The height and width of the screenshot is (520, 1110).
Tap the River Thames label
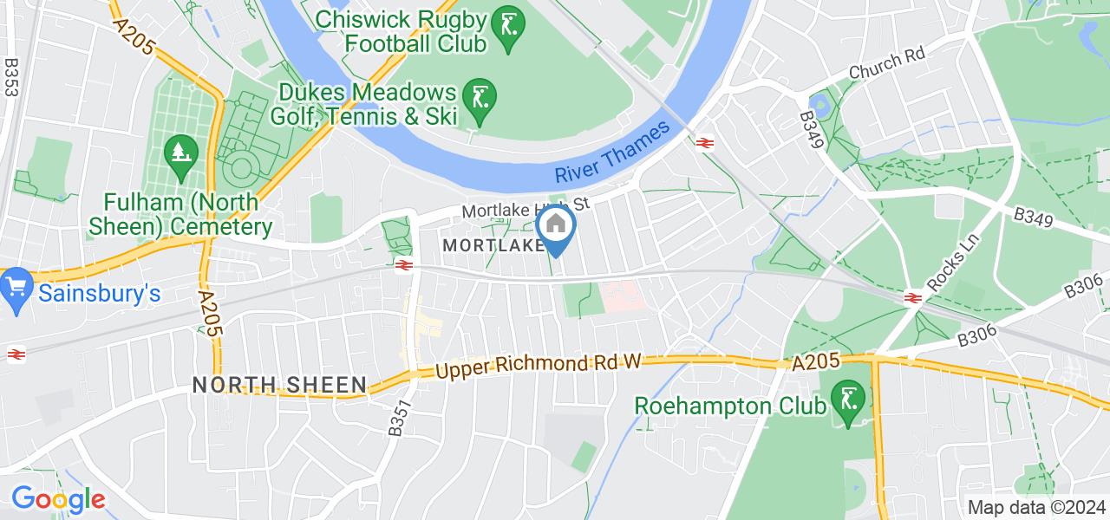[613, 153]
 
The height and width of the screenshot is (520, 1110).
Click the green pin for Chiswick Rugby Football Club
[503, 29]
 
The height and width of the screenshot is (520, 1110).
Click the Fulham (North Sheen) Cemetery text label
[181, 215]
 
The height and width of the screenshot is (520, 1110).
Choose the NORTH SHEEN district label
[278, 385]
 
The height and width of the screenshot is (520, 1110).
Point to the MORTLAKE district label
[493, 246]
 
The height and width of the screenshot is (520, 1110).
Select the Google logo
[58, 499]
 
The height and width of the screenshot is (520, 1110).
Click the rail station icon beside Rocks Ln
[911, 297]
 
